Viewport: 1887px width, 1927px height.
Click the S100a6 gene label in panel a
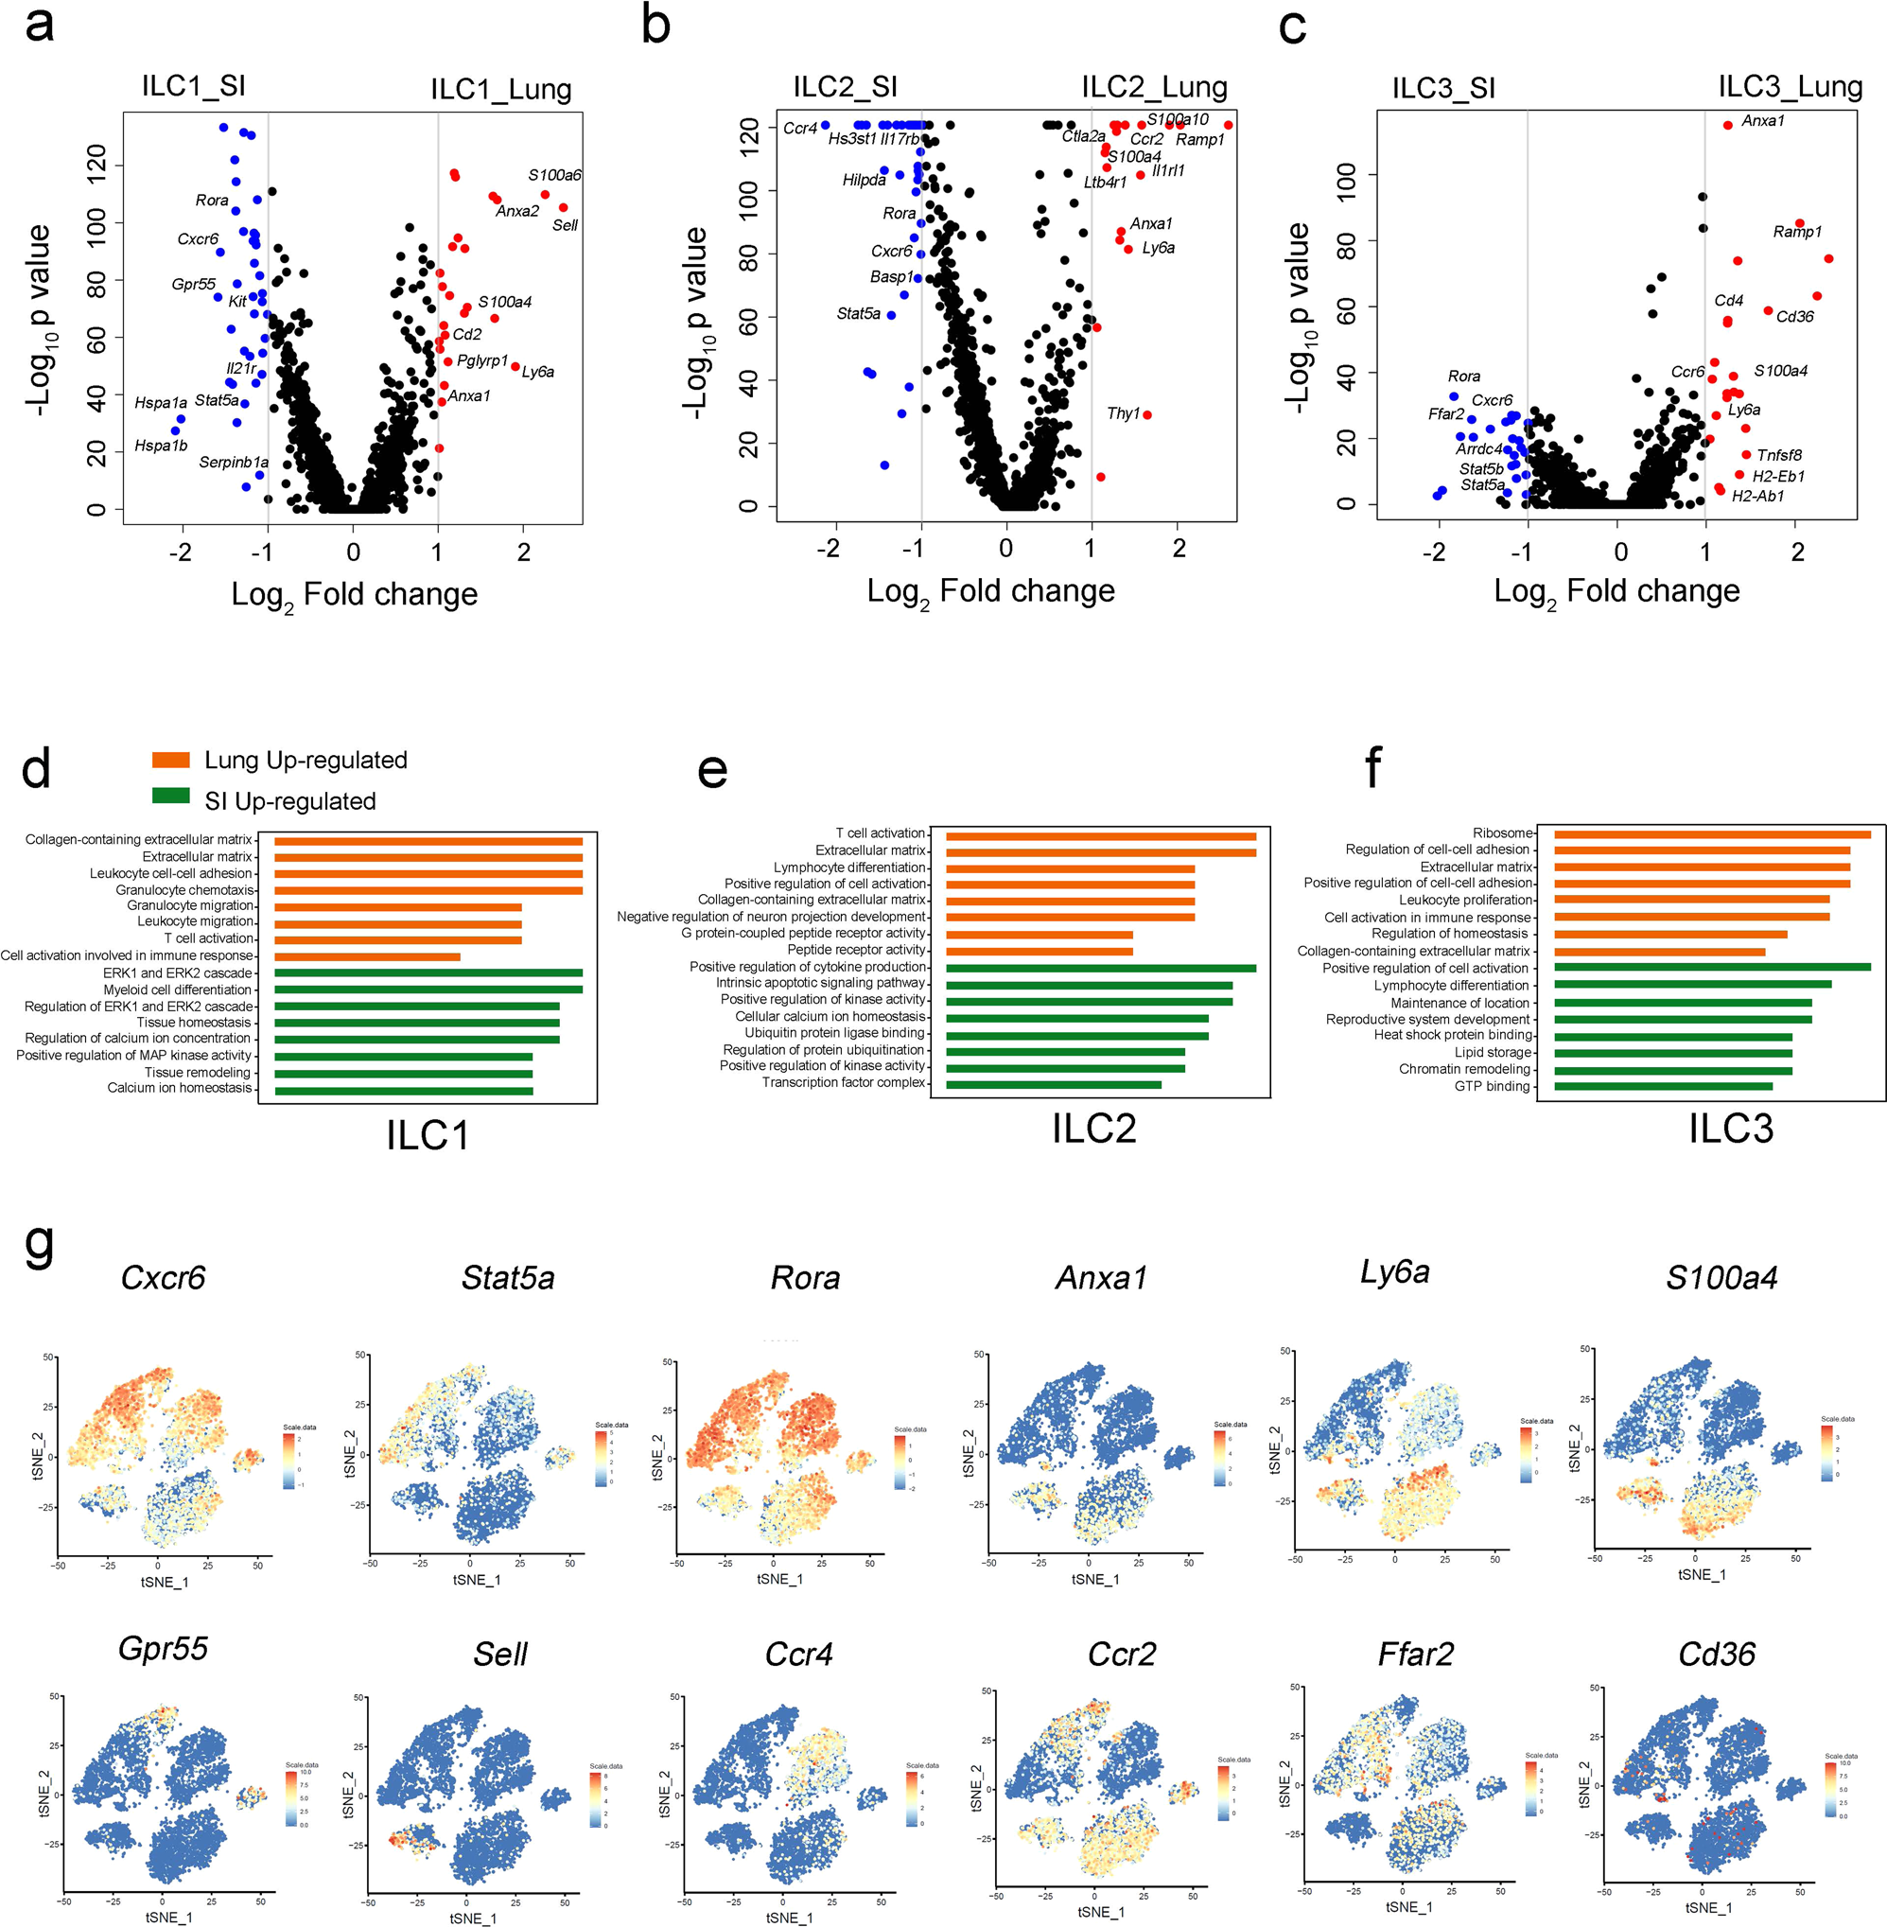pyautogui.click(x=554, y=175)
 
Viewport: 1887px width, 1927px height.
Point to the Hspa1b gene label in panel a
pyautogui.click(x=161, y=447)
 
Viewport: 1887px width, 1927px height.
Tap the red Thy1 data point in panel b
pyautogui.click(x=1146, y=415)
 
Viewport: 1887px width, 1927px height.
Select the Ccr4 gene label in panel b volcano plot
pyautogui.click(x=800, y=129)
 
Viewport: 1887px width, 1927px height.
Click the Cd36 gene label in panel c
pyautogui.click(x=1795, y=317)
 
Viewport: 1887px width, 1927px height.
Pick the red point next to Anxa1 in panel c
pyautogui.click(x=1727, y=125)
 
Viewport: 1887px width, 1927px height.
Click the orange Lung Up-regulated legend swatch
pyautogui.click(x=170, y=761)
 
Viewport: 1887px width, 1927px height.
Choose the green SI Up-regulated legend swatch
pyautogui.click(x=170, y=796)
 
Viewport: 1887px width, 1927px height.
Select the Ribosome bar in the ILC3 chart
pyautogui.click(x=1712, y=834)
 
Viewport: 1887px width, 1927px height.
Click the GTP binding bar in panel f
pyautogui.click(x=1662, y=1086)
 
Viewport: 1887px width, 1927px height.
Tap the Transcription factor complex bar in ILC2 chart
pyautogui.click(x=1053, y=1084)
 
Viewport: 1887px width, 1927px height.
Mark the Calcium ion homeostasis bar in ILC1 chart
pyautogui.click(x=403, y=1091)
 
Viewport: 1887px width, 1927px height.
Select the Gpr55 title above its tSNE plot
pyautogui.click(x=164, y=1648)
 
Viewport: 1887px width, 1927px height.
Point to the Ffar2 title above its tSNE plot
pyautogui.click(x=1415, y=1654)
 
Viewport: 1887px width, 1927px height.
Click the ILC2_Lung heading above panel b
pyautogui.click(x=1154, y=87)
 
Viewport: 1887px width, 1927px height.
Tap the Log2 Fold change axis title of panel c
pyautogui.click(x=1616, y=592)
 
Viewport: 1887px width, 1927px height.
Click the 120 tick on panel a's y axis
pyautogui.click(x=96, y=164)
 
